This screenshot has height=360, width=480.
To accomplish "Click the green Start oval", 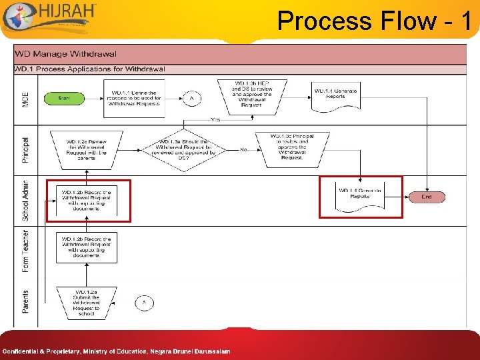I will click(64, 98).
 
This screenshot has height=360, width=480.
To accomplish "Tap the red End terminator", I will click(427, 197).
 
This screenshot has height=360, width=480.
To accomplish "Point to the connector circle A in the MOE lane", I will click(192, 99).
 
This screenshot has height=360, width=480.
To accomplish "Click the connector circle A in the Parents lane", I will click(144, 302).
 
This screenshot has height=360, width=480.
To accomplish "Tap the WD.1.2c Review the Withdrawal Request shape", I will click(87, 149).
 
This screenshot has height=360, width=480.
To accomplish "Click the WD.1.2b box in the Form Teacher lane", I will click(87, 247).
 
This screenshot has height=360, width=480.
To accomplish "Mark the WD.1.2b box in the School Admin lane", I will click(87, 199).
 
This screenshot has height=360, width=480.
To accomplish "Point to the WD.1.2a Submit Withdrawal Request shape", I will click(87, 302).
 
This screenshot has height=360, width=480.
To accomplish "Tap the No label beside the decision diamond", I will click(244, 149).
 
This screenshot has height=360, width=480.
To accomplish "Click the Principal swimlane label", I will click(26, 150).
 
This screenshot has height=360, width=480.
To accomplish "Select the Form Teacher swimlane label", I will click(26, 251).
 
